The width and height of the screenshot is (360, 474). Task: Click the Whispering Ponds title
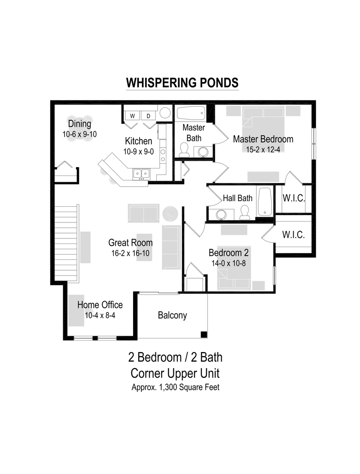[x=182, y=83]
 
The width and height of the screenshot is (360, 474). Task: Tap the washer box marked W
[x=132, y=116]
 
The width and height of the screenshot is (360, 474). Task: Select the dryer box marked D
[x=148, y=116]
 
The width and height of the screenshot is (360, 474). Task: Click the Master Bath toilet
[x=184, y=151]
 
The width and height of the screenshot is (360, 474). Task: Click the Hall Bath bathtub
[x=265, y=201]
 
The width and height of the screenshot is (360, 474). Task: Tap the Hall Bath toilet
[x=245, y=213]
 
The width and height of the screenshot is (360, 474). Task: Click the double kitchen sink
[x=141, y=174]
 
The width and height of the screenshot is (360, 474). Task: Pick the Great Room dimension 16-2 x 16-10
[x=130, y=253]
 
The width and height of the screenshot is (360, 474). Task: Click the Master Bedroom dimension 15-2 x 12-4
[x=263, y=149]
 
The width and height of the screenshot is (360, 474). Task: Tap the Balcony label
[x=173, y=315]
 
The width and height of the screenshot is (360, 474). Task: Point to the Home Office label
[x=100, y=305]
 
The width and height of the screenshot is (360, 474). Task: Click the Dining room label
[x=79, y=124]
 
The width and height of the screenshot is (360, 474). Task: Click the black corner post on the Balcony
[x=204, y=335]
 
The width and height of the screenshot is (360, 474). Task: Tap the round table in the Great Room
[x=170, y=214]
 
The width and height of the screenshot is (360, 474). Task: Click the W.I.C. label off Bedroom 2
[x=293, y=235]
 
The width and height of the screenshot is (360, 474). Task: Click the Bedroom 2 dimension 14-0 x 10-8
[x=226, y=263]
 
